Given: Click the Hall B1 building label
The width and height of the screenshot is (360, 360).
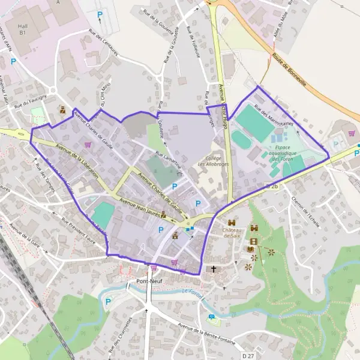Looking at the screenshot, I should (x=23, y=30).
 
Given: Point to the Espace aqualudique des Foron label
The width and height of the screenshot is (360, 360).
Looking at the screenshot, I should (x=287, y=153).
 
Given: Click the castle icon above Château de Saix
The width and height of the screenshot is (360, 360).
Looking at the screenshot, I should (x=231, y=223).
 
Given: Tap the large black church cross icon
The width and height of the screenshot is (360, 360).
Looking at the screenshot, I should (x=214, y=269).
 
